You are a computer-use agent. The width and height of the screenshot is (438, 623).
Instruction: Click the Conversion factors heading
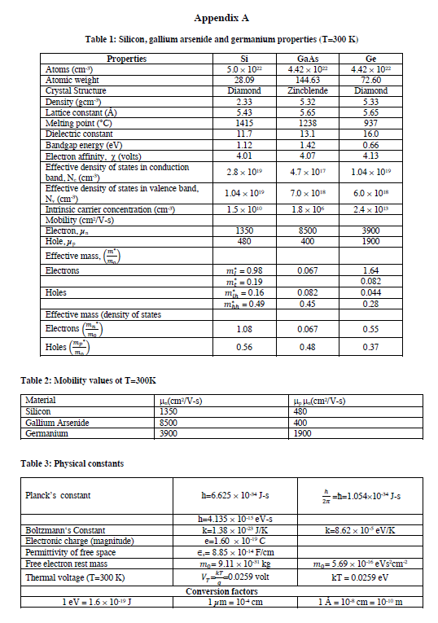coord(221,591)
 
